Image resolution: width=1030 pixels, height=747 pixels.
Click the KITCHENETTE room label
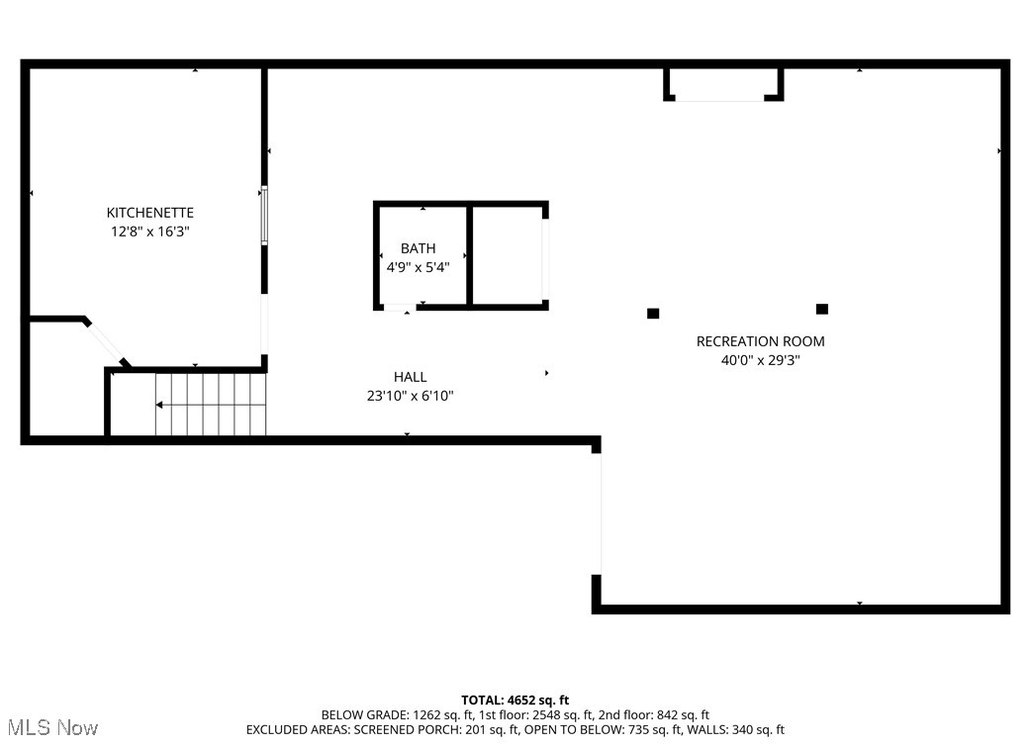tap(150, 213)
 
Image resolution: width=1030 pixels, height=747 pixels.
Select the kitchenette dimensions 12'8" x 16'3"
tap(150, 232)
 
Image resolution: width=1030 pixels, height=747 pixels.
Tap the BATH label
tap(418, 248)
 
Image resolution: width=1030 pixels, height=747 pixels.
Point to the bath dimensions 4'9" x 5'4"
tap(418, 266)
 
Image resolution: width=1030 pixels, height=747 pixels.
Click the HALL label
tap(410, 377)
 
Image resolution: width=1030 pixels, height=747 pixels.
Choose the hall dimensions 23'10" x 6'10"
tap(410, 396)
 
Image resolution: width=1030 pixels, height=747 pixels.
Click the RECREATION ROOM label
tap(760, 341)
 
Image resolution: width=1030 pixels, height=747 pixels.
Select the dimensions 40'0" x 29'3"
tap(760, 360)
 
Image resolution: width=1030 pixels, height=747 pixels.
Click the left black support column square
tap(653, 314)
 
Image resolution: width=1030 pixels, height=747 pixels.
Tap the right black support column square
tap(821, 310)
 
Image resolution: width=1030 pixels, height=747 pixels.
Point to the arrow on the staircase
tap(159, 405)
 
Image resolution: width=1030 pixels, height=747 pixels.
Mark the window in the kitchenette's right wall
tap(264, 216)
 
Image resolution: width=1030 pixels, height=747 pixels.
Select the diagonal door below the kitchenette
tap(105, 343)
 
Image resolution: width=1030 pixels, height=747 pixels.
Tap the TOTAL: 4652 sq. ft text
tap(515, 700)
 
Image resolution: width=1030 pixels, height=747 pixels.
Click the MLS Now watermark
tap(49, 728)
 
